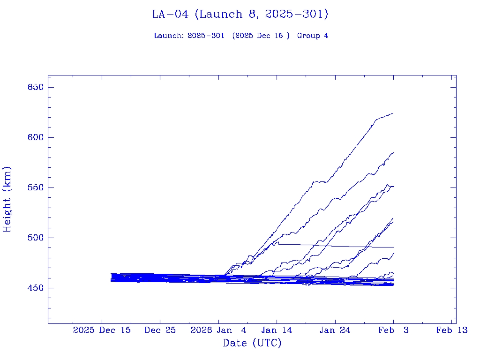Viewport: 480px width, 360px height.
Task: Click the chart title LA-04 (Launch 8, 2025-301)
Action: pos(240,15)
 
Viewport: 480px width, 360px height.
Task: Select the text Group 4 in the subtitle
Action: pos(313,36)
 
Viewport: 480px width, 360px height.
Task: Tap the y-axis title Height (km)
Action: pos(7,199)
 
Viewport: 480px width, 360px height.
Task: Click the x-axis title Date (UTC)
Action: pos(252,343)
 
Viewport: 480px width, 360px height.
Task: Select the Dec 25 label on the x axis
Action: pos(160,330)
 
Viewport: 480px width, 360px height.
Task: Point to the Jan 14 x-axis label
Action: pos(277,330)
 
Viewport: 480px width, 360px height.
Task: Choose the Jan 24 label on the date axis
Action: pos(335,330)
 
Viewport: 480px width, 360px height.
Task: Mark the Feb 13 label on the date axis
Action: pos(451,330)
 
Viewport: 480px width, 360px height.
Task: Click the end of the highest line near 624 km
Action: pos(393,113)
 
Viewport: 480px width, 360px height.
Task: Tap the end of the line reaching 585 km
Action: pos(393,152)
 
